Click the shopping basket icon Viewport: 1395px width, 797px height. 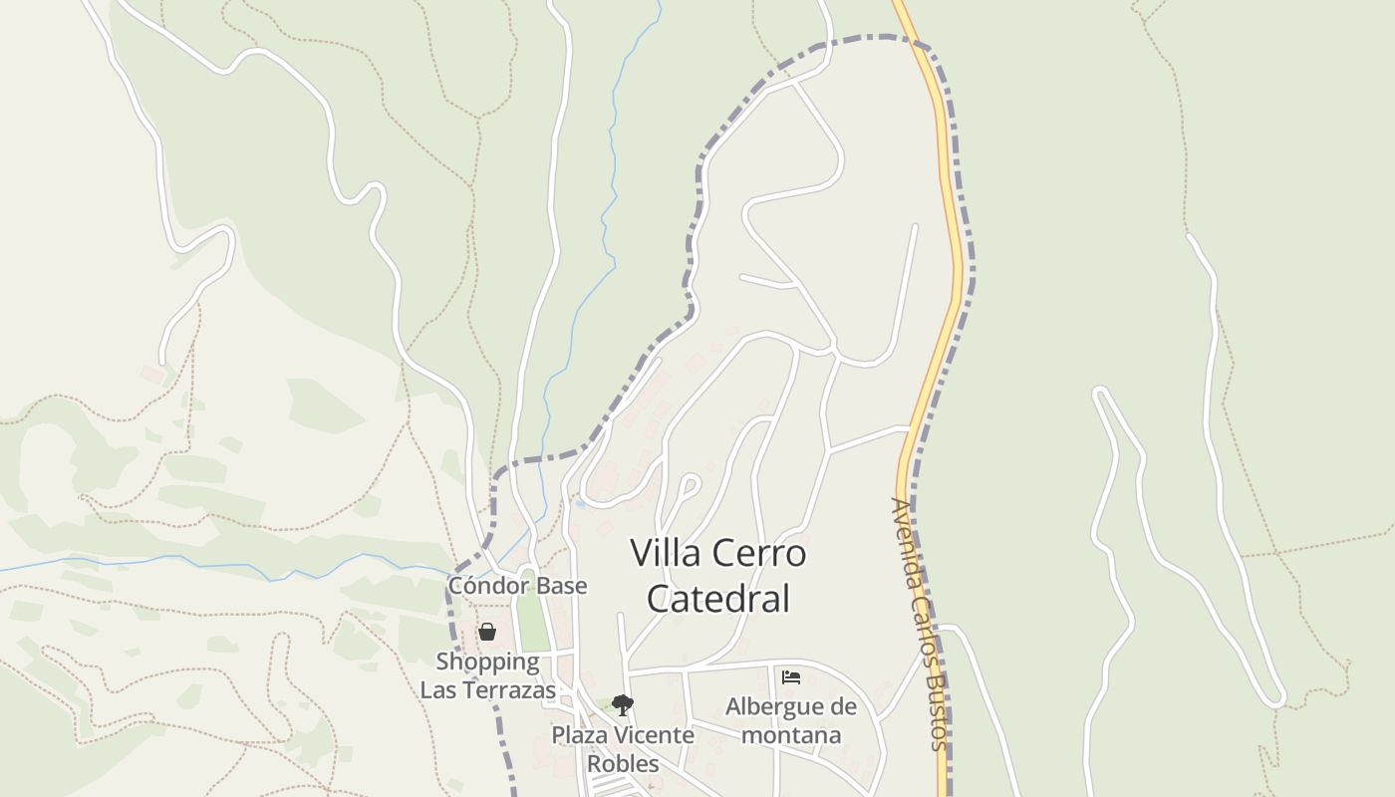pyautogui.click(x=487, y=632)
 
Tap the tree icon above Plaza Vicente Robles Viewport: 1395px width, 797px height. pyautogui.click(x=623, y=705)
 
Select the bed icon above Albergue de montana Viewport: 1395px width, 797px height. pyautogui.click(x=791, y=676)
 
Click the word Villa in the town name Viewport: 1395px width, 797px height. pyautogui.click(x=666, y=554)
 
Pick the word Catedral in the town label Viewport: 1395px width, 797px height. pyautogui.click(x=718, y=599)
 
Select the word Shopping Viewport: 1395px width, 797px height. pyautogui.click(x=487, y=662)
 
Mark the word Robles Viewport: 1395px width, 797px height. pyautogui.click(x=623, y=763)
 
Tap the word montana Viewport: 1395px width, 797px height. pyautogui.click(x=792, y=735)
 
